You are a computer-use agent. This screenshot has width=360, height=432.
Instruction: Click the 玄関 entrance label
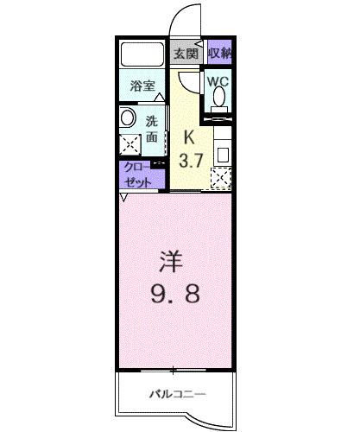pyautogui.click(x=186, y=53)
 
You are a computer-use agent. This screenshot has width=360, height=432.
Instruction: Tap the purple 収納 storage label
pyautogui.click(x=219, y=53)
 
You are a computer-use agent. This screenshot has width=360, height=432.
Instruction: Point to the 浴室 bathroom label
pyautogui.click(x=142, y=86)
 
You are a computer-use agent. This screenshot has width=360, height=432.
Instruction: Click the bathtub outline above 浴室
pyautogui.click(x=142, y=54)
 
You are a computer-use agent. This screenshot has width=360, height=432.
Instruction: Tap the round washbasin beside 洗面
pyautogui.click(x=129, y=118)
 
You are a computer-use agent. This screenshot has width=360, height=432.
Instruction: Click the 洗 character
pyautogui.click(x=151, y=122)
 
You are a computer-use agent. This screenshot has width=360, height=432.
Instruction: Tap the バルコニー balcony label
pyautogui.click(x=178, y=394)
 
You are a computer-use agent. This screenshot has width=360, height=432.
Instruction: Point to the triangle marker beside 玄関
pyautogui.click(x=200, y=42)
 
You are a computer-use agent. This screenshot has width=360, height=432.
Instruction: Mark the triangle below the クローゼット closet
pyautogui.click(x=124, y=197)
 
